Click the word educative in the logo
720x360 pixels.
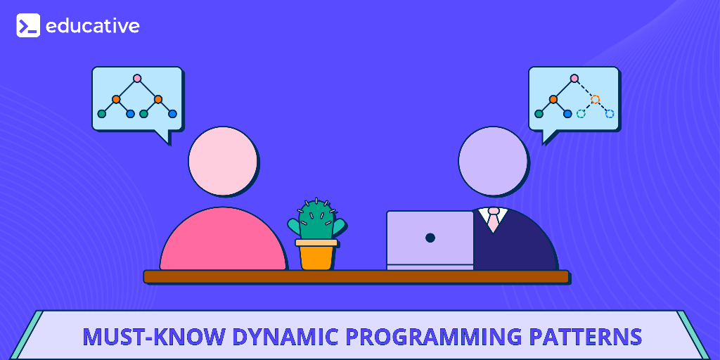[92, 26]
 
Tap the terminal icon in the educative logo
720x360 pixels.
[28, 26]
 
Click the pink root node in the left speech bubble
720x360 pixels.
[137, 78]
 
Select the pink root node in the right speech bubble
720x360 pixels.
[574, 78]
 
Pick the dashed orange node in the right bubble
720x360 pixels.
[596, 99]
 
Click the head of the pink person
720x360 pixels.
[223, 161]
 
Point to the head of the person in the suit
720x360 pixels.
[493, 161]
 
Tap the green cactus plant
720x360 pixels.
[316, 221]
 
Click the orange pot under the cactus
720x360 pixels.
[316, 256]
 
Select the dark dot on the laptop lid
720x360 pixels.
[430, 238]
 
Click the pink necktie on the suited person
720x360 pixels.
[494, 221]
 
